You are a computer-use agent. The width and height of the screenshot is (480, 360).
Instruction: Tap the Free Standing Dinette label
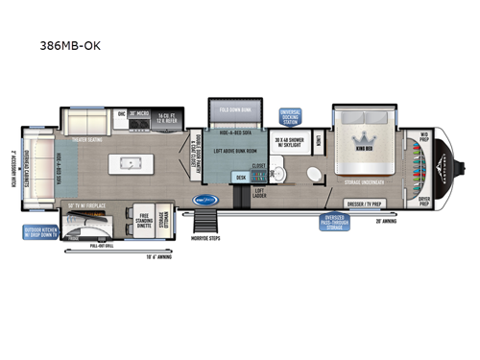click(145, 219)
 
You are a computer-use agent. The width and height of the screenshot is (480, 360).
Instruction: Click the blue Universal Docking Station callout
click(290, 115)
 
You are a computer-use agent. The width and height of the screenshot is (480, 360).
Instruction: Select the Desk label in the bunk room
click(241, 178)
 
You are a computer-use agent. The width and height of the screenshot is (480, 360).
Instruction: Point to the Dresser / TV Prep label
click(364, 204)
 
